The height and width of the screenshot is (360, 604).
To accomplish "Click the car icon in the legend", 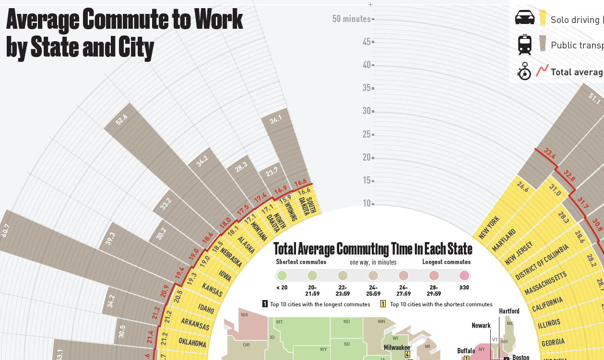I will (x=524, y=18).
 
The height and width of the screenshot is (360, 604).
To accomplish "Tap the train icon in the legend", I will (x=524, y=45).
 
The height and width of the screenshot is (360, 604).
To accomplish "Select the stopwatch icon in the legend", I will (x=524, y=71).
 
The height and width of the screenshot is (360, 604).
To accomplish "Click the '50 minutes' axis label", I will (x=352, y=19).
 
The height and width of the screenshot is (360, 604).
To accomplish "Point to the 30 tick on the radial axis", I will (x=367, y=111).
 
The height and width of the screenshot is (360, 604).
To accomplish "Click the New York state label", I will (x=489, y=228).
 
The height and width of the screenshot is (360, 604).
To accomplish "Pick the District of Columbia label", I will (x=542, y=262).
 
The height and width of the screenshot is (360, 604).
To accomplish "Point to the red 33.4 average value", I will (x=549, y=155).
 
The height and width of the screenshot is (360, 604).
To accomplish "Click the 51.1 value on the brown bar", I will (x=595, y=99).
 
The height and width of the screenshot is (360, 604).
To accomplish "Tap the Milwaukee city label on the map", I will (x=396, y=347).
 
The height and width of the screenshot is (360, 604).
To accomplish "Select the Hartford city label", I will (x=509, y=311).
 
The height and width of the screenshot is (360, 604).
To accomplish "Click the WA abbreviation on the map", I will (x=244, y=315).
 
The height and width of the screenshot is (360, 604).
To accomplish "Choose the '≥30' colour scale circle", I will (x=464, y=276).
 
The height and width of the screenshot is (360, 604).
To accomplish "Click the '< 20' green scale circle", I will (x=282, y=276).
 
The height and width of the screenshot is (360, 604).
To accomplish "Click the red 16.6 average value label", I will (x=301, y=183).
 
